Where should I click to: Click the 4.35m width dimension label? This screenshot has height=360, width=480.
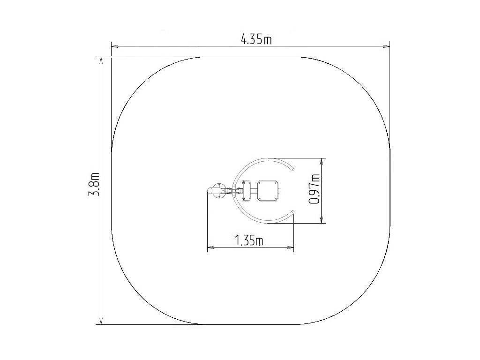[x=256, y=39]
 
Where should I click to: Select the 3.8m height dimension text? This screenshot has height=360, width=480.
[x=94, y=184]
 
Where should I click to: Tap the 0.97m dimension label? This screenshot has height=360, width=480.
[x=315, y=189]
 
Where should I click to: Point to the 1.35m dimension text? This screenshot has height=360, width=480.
[x=249, y=240]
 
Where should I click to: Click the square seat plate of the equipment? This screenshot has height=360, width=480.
[x=269, y=190]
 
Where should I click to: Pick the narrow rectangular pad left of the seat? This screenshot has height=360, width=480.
[x=247, y=191]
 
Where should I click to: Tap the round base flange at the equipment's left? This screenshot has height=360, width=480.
[x=219, y=191]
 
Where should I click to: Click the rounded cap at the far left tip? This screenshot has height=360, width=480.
[x=209, y=191]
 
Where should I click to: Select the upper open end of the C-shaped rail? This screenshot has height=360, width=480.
[x=292, y=168]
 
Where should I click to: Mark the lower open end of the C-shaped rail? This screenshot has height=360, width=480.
[x=292, y=212]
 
